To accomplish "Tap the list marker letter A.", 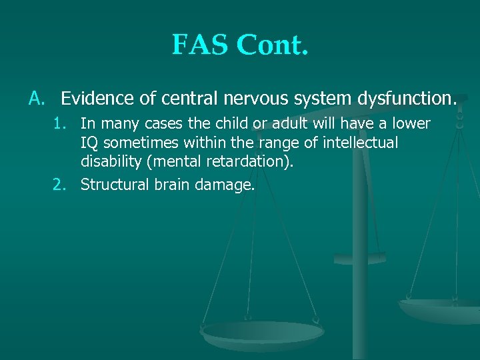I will coord(36,99).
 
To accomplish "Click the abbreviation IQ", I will coord(89,143).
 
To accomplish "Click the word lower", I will coord(411,124).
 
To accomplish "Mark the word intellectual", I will coord(361,143).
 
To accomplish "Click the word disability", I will coord(109,162).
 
